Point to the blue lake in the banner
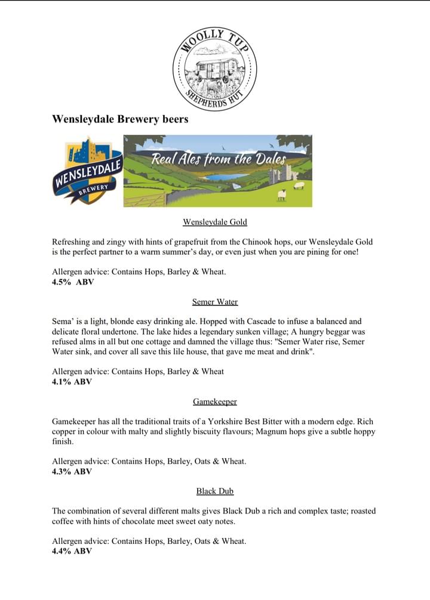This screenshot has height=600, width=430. [222, 177]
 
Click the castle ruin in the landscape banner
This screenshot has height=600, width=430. [281, 174]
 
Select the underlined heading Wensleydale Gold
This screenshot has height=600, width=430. [215, 222]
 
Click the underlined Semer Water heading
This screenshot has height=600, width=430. [215, 302]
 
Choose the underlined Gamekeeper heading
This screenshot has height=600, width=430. [215, 401]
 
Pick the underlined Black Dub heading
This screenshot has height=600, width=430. [215, 491]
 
